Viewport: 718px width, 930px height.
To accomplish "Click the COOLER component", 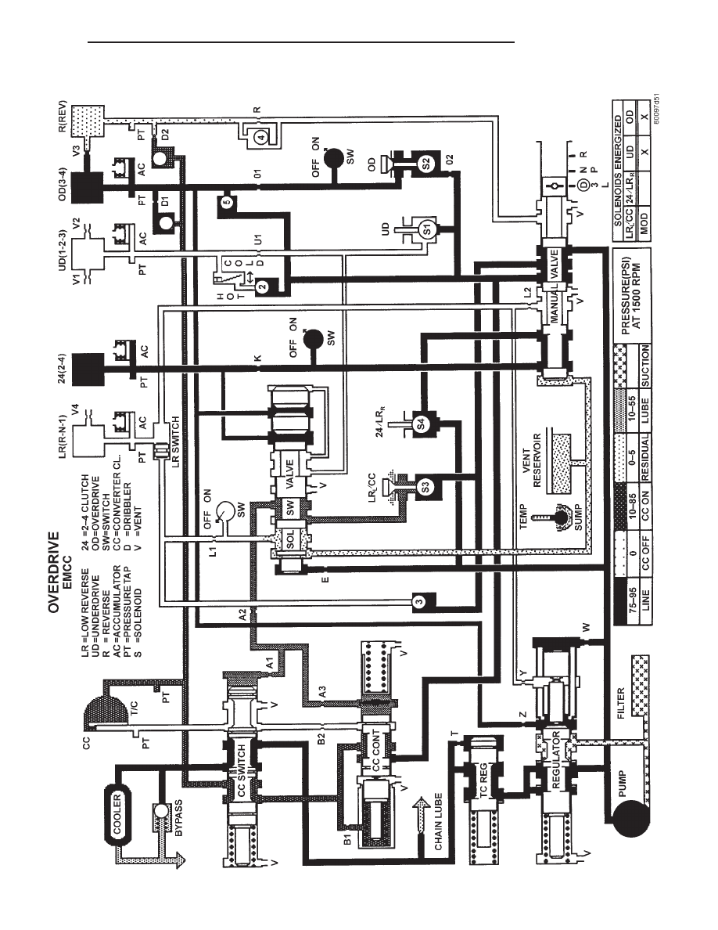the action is pyautogui.click(x=117, y=814).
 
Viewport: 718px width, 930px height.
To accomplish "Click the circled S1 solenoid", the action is pyautogui.click(x=427, y=230).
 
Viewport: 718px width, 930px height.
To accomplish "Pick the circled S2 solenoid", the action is pyautogui.click(x=427, y=164).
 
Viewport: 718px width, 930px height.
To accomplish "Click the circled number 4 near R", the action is pyautogui.click(x=262, y=136).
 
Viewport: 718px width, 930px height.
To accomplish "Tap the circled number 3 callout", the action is pyautogui.click(x=419, y=603).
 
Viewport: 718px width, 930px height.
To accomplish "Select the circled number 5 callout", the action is pyautogui.click(x=226, y=202).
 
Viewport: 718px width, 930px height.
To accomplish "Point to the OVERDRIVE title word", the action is pyautogui.click(x=55, y=572).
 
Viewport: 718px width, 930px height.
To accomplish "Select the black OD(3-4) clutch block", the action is pyautogui.click(x=88, y=187).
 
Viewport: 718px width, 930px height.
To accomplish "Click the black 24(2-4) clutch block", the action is pyautogui.click(x=88, y=369).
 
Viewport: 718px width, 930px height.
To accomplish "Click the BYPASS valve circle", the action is pyautogui.click(x=160, y=812).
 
